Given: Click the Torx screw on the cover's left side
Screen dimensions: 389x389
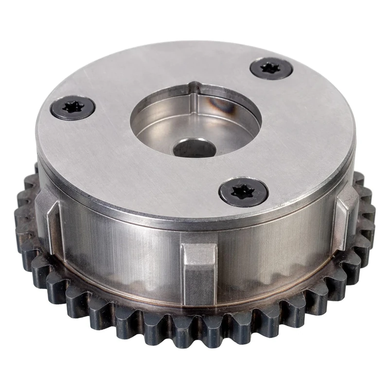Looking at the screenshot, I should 73,108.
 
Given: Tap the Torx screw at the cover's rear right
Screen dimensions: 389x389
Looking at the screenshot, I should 271,69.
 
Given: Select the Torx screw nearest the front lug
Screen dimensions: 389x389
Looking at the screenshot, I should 243,191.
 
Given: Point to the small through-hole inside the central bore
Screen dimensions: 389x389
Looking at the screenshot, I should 194,148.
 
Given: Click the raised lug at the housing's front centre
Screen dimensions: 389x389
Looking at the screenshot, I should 199,270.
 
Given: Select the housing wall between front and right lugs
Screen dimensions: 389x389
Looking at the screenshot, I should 277,253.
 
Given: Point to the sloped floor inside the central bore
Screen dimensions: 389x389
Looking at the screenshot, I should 160,131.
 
